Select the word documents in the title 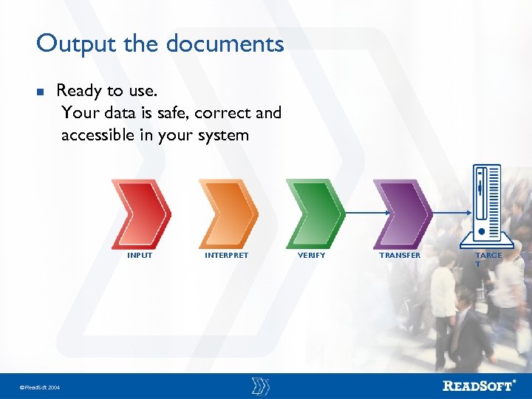[x=225, y=44]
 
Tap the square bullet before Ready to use [x=41, y=92]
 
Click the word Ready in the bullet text [x=78, y=92]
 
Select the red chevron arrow [x=140, y=213]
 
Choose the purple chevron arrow [x=402, y=213]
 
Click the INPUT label [x=140, y=256]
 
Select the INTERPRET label [x=226, y=256]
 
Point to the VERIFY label [x=311, y=256]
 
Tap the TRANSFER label [x=400, y=256]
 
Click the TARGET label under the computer [x=488, y=259]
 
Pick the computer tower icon [x=487, y=204]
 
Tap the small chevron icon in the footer [x=260, y=386]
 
